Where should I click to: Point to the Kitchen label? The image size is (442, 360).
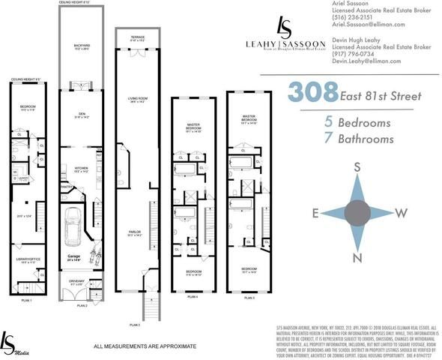[x=82, y=169]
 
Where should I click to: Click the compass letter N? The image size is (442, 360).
[x=358, y=260]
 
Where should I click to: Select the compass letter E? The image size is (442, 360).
[x=315, y=213]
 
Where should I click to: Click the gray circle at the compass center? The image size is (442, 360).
[x=358, y=213]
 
